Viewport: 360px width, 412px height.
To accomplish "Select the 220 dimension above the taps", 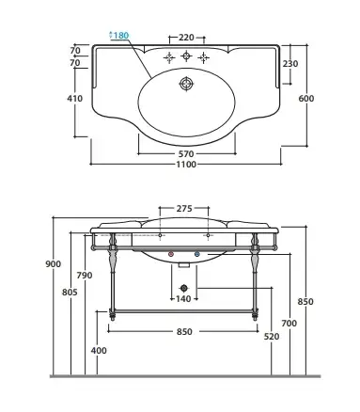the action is [x=186, y=38].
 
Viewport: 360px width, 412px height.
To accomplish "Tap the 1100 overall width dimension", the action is [x=186, y=165].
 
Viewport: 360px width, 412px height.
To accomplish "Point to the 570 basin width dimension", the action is [x=186, y=154].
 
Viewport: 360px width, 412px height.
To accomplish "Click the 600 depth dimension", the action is [x=305, y=99].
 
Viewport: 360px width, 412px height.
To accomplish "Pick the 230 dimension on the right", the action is [x=290, y=64].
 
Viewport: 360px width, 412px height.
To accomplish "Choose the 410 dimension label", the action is [x=75, y=99].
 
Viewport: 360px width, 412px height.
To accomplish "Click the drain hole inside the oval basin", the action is [x=186, y=84].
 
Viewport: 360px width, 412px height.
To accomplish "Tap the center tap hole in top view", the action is [x=186, y=56].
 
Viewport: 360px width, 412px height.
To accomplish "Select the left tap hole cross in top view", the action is [x=169, y=57].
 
